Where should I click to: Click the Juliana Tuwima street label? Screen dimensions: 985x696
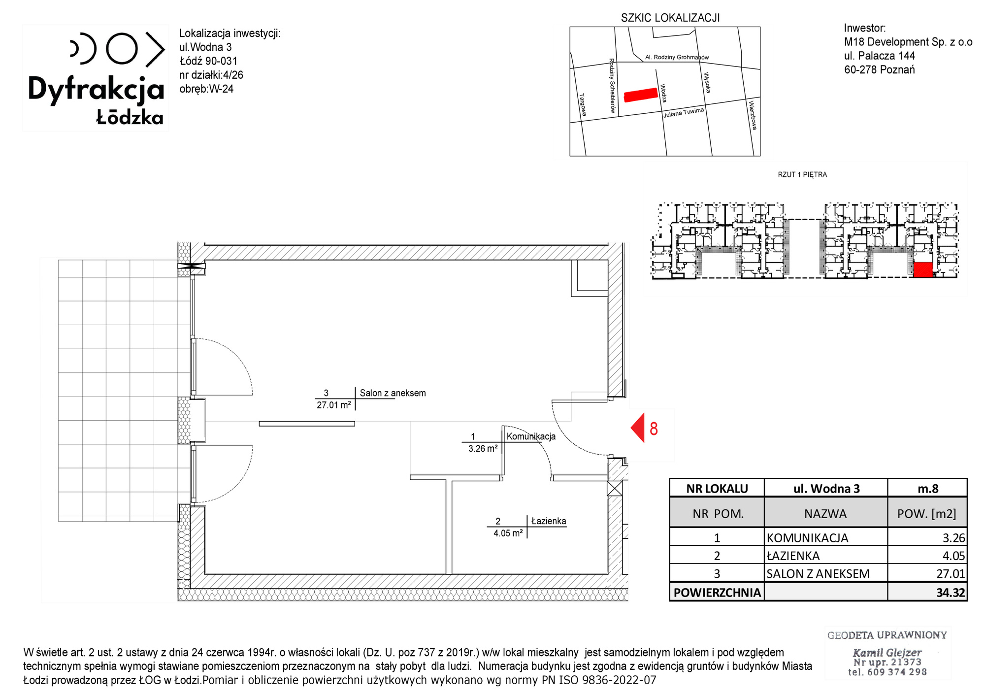684,113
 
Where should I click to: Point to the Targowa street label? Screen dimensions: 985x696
583,105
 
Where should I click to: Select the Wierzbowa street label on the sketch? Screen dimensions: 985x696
752,115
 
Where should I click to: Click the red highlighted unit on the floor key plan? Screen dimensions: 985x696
923,270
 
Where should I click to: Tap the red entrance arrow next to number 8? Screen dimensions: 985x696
638,428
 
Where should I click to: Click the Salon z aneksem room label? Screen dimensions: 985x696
393,393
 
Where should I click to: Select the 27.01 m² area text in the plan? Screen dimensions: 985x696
333,405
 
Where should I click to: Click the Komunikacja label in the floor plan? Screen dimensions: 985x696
531,436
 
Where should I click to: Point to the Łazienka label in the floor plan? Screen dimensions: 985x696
549,521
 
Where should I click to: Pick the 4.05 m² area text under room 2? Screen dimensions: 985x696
508,533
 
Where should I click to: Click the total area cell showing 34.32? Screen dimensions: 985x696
951,593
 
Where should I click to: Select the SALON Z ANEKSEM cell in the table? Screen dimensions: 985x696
818,574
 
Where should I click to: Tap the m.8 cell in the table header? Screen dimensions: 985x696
928,489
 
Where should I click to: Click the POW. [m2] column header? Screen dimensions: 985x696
926,514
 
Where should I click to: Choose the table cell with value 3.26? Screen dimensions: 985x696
953,538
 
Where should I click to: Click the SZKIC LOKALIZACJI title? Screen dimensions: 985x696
670,18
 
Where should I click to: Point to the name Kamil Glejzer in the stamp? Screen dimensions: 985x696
887,653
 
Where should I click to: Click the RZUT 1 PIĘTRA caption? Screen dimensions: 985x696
802,174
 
